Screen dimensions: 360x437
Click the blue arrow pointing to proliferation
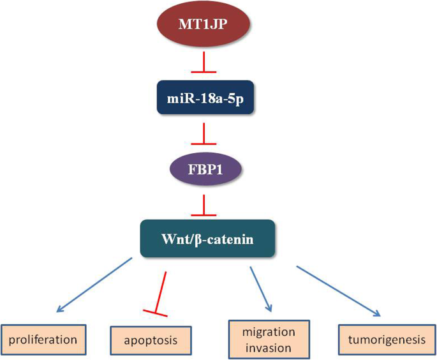pos(96,285)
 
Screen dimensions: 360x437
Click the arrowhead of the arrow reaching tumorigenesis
pos(377,313)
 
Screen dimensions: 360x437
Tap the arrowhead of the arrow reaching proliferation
pos(61,310)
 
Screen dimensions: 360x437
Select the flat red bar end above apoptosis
pos(155,312)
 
